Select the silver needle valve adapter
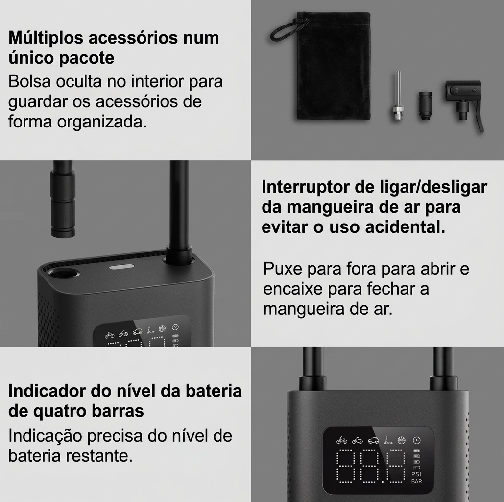397,96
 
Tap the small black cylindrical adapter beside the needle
426,105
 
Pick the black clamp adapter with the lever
464,102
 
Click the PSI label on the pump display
416,474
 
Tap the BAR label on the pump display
416,482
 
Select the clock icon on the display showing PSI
417,440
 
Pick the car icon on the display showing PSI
373,440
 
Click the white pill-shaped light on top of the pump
121,267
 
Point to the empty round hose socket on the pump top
63,275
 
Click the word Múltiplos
46,38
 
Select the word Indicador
47,391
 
